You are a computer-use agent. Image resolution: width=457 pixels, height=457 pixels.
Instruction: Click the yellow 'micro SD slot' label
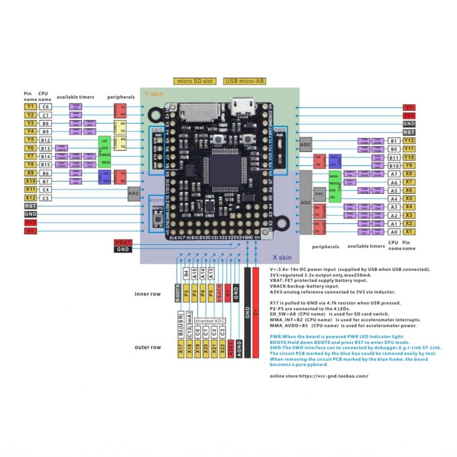pos(195,81)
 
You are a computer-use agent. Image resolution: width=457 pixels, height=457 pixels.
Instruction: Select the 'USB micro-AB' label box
pos(244,81)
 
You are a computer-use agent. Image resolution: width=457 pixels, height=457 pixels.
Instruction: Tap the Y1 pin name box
pos(30,107)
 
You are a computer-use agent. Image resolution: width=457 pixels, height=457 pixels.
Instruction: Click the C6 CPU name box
pos(45,107)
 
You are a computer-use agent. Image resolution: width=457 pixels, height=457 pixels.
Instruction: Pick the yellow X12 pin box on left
pos(30,198)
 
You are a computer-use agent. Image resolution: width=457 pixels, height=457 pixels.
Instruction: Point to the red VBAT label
pos(123,242)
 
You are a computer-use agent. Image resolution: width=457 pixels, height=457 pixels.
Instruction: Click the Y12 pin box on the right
pos(409,141)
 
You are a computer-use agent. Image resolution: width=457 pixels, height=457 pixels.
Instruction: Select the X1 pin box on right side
pos(409,232)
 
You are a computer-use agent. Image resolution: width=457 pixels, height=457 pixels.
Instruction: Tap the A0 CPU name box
pos(394,232)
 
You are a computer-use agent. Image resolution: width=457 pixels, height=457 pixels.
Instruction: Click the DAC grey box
pos(319,194)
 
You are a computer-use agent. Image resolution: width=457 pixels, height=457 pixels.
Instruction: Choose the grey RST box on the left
pos(30,206)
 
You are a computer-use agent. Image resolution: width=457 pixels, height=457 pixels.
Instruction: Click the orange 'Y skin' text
pos(154,94)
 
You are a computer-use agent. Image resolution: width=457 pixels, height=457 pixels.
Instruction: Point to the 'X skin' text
pos(282,258)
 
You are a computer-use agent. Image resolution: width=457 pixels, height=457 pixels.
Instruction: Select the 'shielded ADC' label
pos(210,321)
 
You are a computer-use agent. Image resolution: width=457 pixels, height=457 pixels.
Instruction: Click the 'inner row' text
pos(148,294)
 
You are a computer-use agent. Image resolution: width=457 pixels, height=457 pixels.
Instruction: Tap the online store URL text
pos(319,376)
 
